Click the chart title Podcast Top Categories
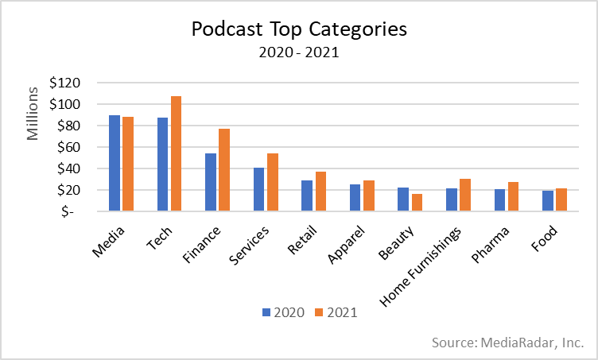[299, 29]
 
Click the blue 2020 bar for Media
[115, 164]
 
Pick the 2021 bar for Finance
[224, 170]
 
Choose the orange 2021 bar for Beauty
[417, 203]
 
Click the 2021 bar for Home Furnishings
[465, 195]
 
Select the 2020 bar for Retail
[308, 196]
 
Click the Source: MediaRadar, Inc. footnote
[508, 343]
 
